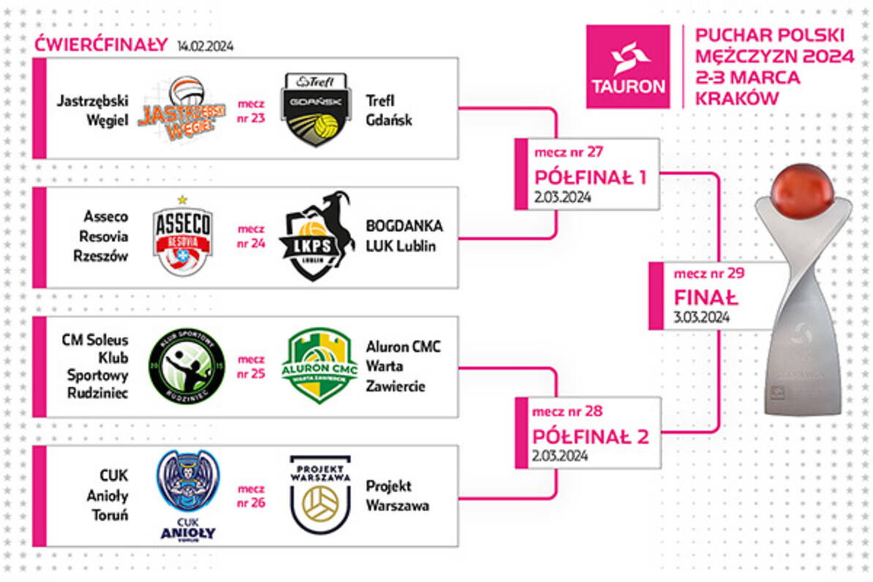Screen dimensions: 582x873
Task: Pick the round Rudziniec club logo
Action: click(192, 366)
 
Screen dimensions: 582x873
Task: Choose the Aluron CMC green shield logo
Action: click(319, 366)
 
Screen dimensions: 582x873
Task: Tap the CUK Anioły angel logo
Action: click(188, 494)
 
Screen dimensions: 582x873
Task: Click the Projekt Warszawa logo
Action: click(320, 494)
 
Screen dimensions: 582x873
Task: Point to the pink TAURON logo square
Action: click(628, 67)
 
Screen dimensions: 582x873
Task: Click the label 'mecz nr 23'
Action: click(252, 109)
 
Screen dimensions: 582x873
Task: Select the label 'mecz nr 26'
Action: click(252, 496)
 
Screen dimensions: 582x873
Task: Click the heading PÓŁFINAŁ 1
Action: click(590, 177)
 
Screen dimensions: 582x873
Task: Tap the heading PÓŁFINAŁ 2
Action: click(591, 436)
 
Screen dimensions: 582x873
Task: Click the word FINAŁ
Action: click(706, 298)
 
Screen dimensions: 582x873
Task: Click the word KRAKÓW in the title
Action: click(736, 99)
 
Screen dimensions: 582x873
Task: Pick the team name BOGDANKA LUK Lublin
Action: click(404, 236)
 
